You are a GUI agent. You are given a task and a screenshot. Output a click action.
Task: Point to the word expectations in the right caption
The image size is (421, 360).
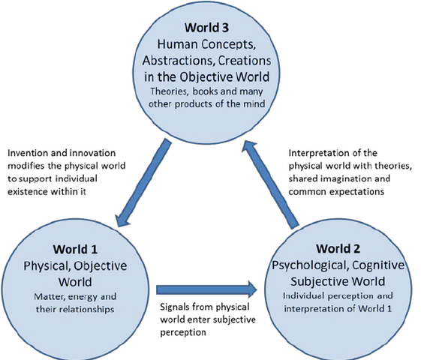pos(353,190)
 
